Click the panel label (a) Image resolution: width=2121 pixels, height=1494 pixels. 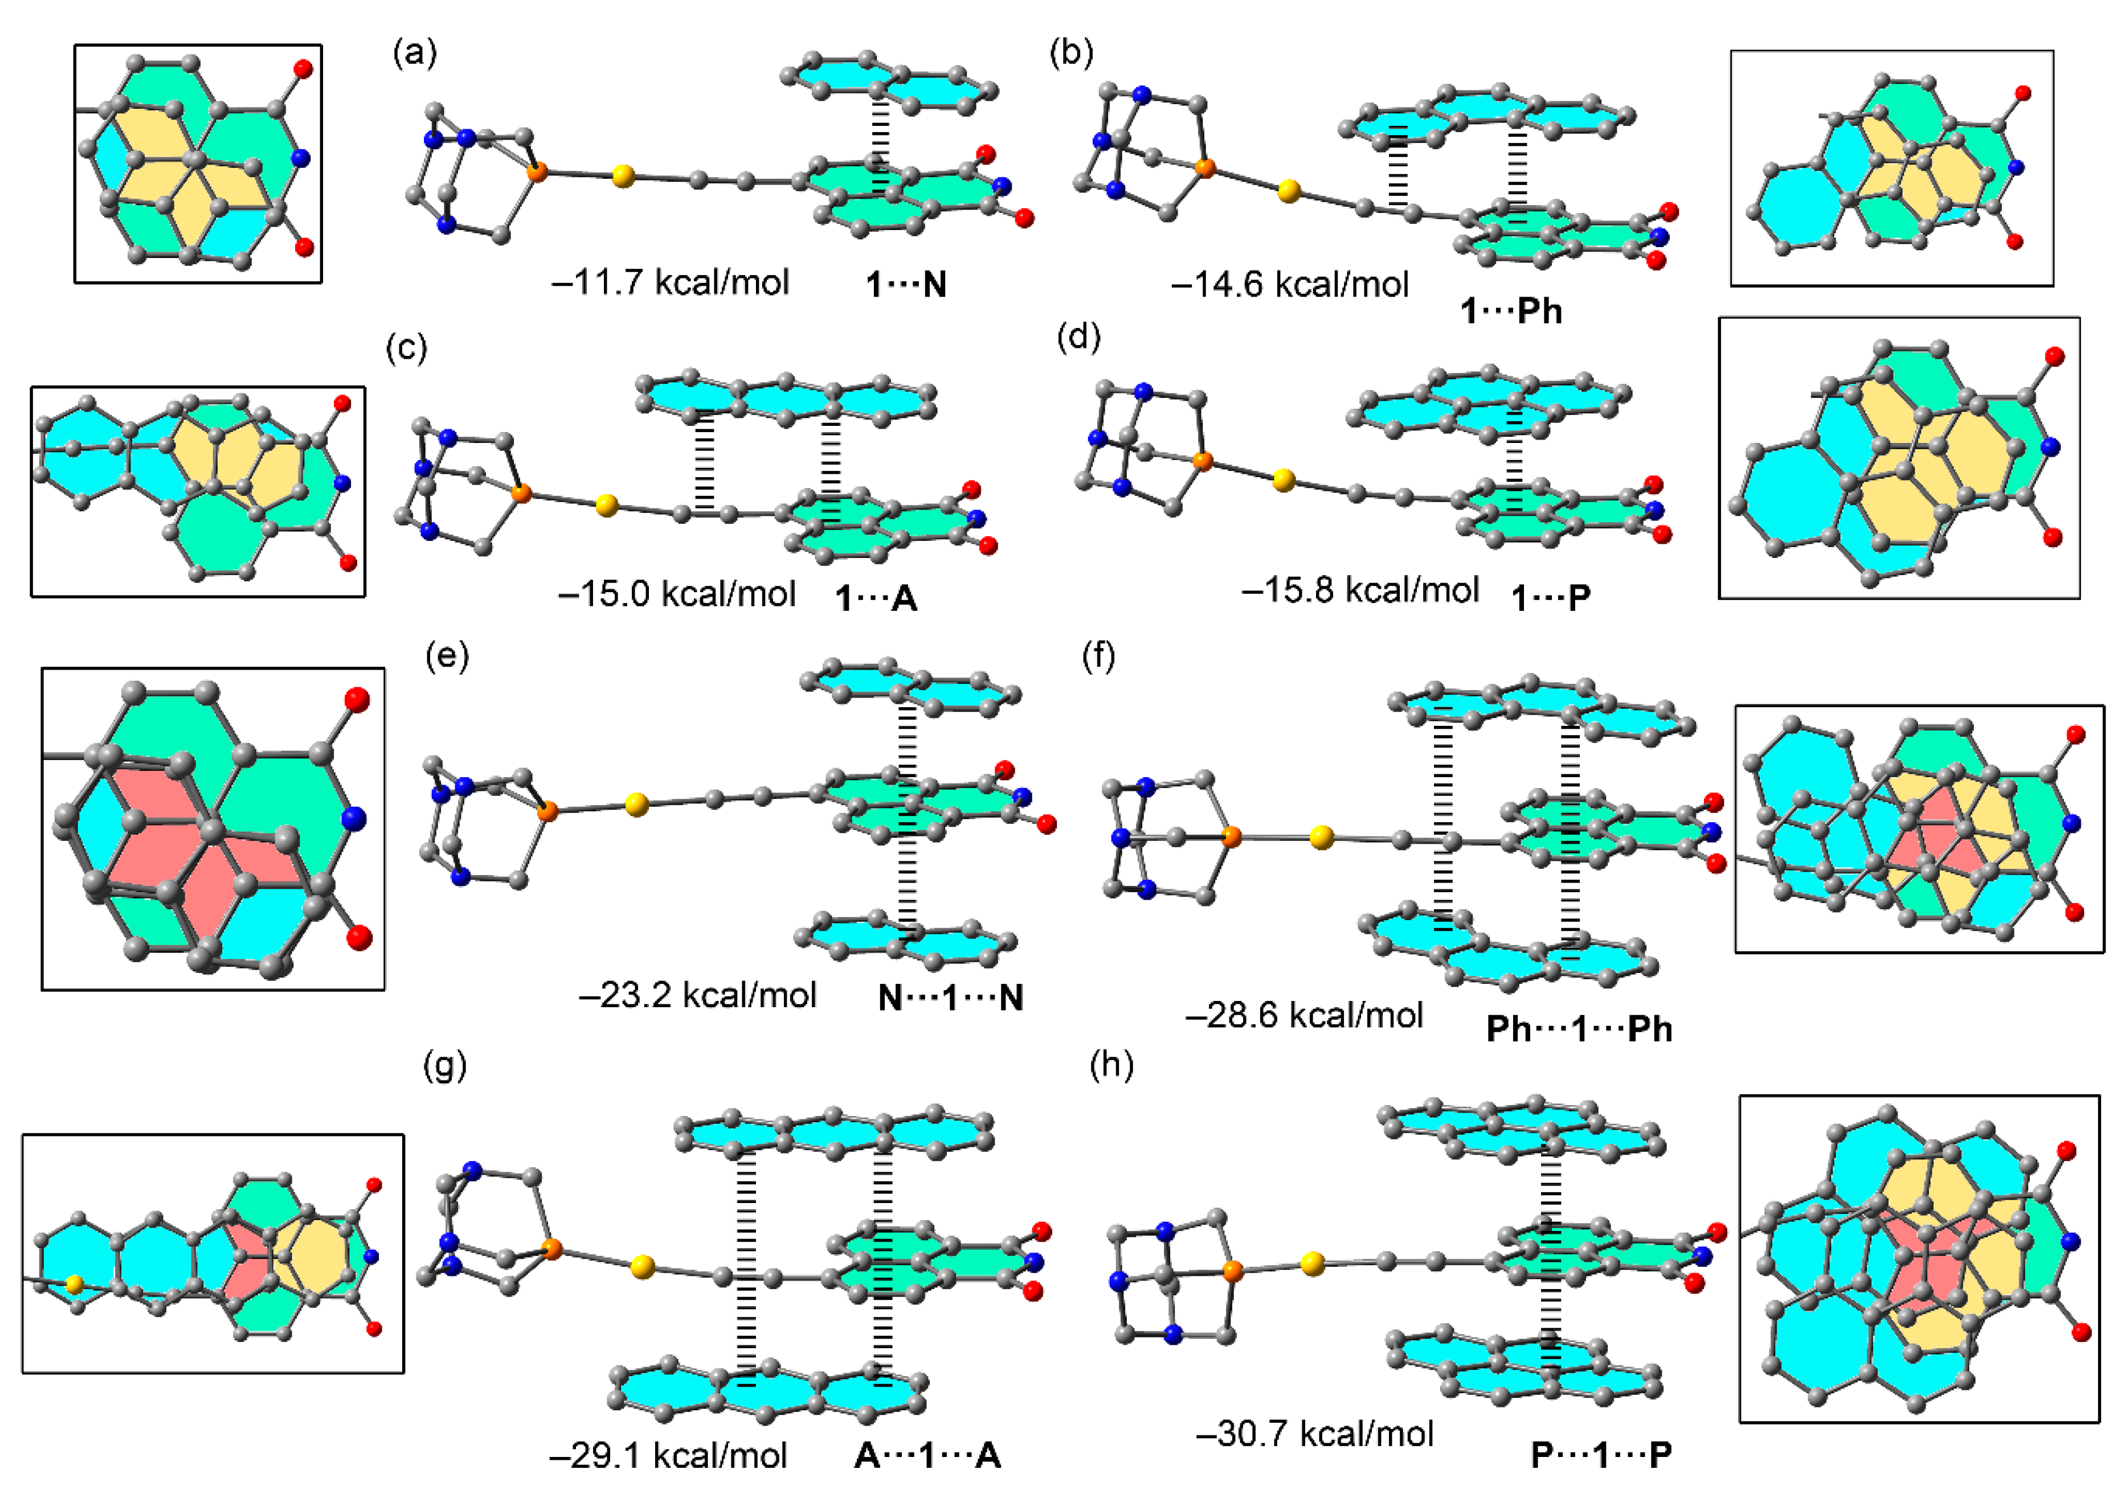coord(415,54)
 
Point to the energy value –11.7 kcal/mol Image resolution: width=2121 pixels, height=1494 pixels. coord(670,282)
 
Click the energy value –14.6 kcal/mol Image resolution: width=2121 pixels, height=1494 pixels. coord(1290,285)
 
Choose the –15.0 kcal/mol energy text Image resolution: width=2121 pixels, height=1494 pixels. coord(676,594)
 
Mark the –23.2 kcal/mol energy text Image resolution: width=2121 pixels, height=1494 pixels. coord(697,995)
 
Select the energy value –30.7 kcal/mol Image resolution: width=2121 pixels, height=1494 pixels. coord(1314,1434)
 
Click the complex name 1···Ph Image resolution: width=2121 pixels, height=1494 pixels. coord(1511,311)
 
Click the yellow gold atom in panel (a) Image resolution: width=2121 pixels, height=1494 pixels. coord(624,175)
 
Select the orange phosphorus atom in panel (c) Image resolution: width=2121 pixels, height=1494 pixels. coord(522,494)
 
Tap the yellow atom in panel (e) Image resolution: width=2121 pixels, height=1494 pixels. coord(636,805)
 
